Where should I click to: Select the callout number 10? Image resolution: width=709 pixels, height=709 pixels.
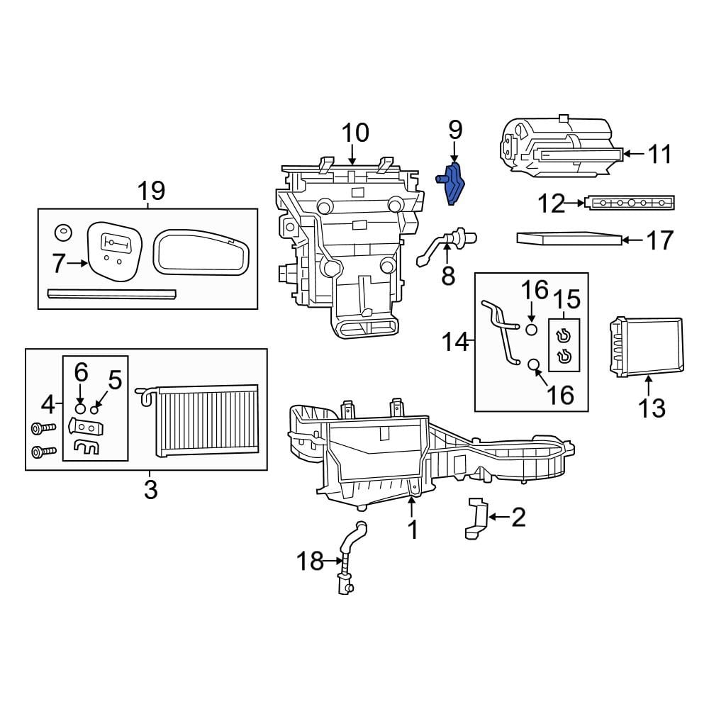pyautogui.click(x=355, y=133)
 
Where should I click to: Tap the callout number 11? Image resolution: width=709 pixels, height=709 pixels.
pyautogui.click(x=660, y=154)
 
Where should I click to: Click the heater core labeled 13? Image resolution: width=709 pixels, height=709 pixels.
pyautogui.click(x=646, y=345)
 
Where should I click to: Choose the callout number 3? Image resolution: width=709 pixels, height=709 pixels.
pyautogui.click(x=150, y=489)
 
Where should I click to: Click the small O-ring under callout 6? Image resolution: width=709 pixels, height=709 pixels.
pyautogui.click(x=80, y=409)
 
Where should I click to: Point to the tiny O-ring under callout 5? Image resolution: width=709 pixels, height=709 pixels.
pyautogui.click(x=94, y=410)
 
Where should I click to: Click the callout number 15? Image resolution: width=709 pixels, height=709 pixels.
pyautogui.click(x=566, y=299)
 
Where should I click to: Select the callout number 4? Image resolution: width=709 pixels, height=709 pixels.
pyautogui.click(x=48, y=405)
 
